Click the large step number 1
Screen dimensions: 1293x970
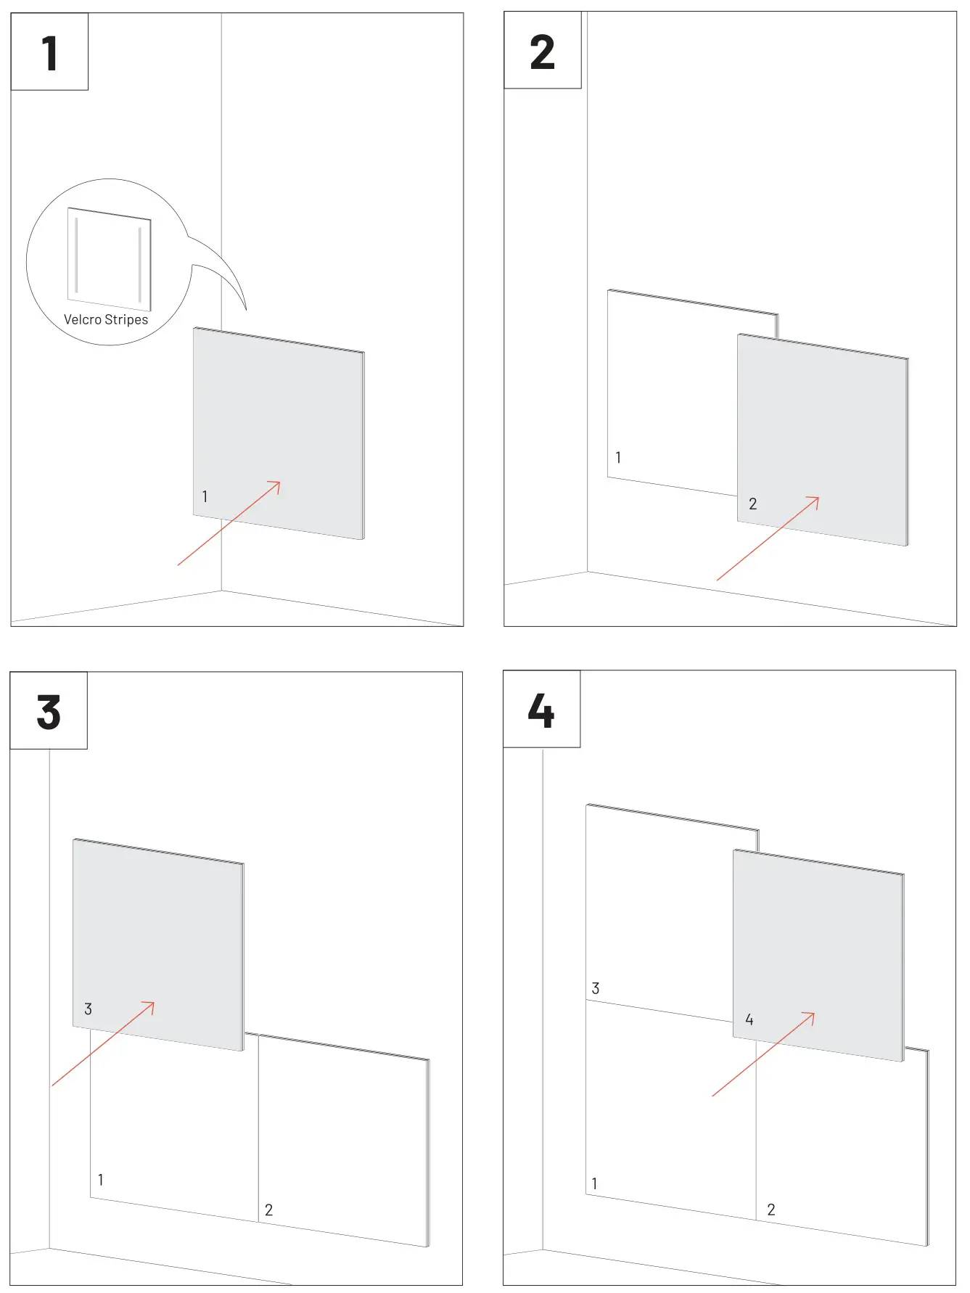point(49,54)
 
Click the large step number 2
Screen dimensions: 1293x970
point(542,53)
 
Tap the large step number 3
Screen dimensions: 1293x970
point(49,713)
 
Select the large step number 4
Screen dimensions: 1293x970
point(541,710)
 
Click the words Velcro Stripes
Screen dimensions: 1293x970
point(106,320)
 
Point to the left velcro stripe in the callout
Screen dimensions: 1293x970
point(76,255)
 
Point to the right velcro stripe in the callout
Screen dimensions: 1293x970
point(139,265)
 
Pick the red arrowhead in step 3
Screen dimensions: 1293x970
point(149,1006)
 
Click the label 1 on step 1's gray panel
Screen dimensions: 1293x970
point(205,497)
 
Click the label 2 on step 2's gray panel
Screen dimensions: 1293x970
point(753,504)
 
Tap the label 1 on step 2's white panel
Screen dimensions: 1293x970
point(618,458)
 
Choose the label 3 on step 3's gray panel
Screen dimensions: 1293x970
point(88,1009)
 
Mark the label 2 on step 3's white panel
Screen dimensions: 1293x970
point(269,1210)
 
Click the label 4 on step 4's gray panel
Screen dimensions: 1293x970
point(749,1020)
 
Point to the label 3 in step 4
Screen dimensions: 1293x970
point(596,989)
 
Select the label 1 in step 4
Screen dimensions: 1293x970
point(595,1184)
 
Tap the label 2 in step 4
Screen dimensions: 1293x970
point(771,1210)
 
